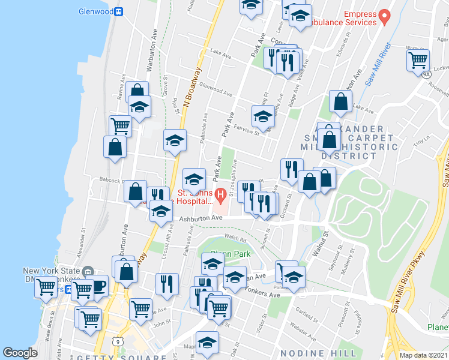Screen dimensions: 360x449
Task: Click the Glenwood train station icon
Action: coord(119,11)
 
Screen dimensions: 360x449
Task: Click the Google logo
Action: coord(20,353)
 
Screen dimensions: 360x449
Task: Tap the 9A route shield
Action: coord(425,75)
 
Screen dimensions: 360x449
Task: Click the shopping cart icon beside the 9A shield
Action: coord(417,59)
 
